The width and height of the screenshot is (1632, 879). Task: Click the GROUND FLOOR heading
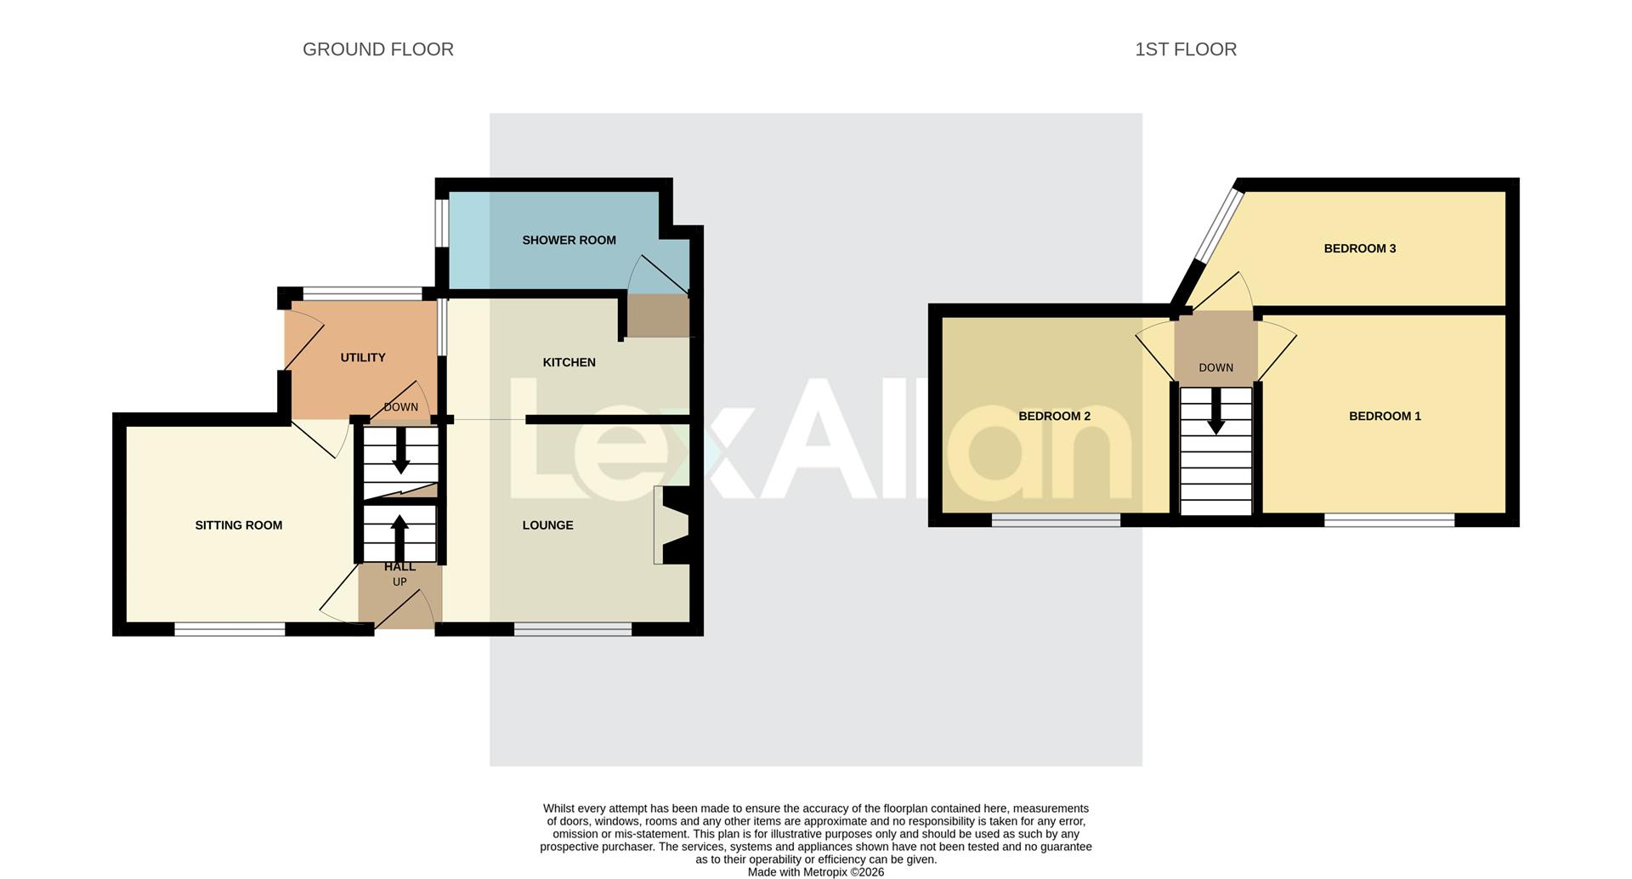pos(377,49)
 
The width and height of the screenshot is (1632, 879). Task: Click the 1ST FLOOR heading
pos(1185,49)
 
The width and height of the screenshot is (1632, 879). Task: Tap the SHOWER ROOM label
pos(569,241)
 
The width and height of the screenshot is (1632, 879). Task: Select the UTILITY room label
pos(363,358)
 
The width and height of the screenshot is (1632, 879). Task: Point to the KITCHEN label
pos(569,363)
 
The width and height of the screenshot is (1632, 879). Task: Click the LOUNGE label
pos(547,525)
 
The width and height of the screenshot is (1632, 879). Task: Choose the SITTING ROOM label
pos(238,525)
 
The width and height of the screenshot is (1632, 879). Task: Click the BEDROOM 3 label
pos(1359,249)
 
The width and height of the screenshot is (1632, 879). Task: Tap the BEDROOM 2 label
pos(1054,417)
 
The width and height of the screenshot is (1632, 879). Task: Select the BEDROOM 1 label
pos(1385,417)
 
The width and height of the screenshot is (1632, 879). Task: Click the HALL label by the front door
pos(399,567)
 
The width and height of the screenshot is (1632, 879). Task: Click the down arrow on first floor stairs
pos(1216,411)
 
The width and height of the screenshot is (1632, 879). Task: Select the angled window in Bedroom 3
pos(1220,225)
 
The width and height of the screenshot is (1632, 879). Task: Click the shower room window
pos(442,223)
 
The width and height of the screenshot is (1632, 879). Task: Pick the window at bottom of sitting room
pos(229,629)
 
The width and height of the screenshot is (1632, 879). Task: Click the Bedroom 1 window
pos(1389,519)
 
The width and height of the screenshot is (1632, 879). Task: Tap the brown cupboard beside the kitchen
pos(658,315)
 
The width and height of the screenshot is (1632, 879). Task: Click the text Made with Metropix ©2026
pos(815,872)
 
